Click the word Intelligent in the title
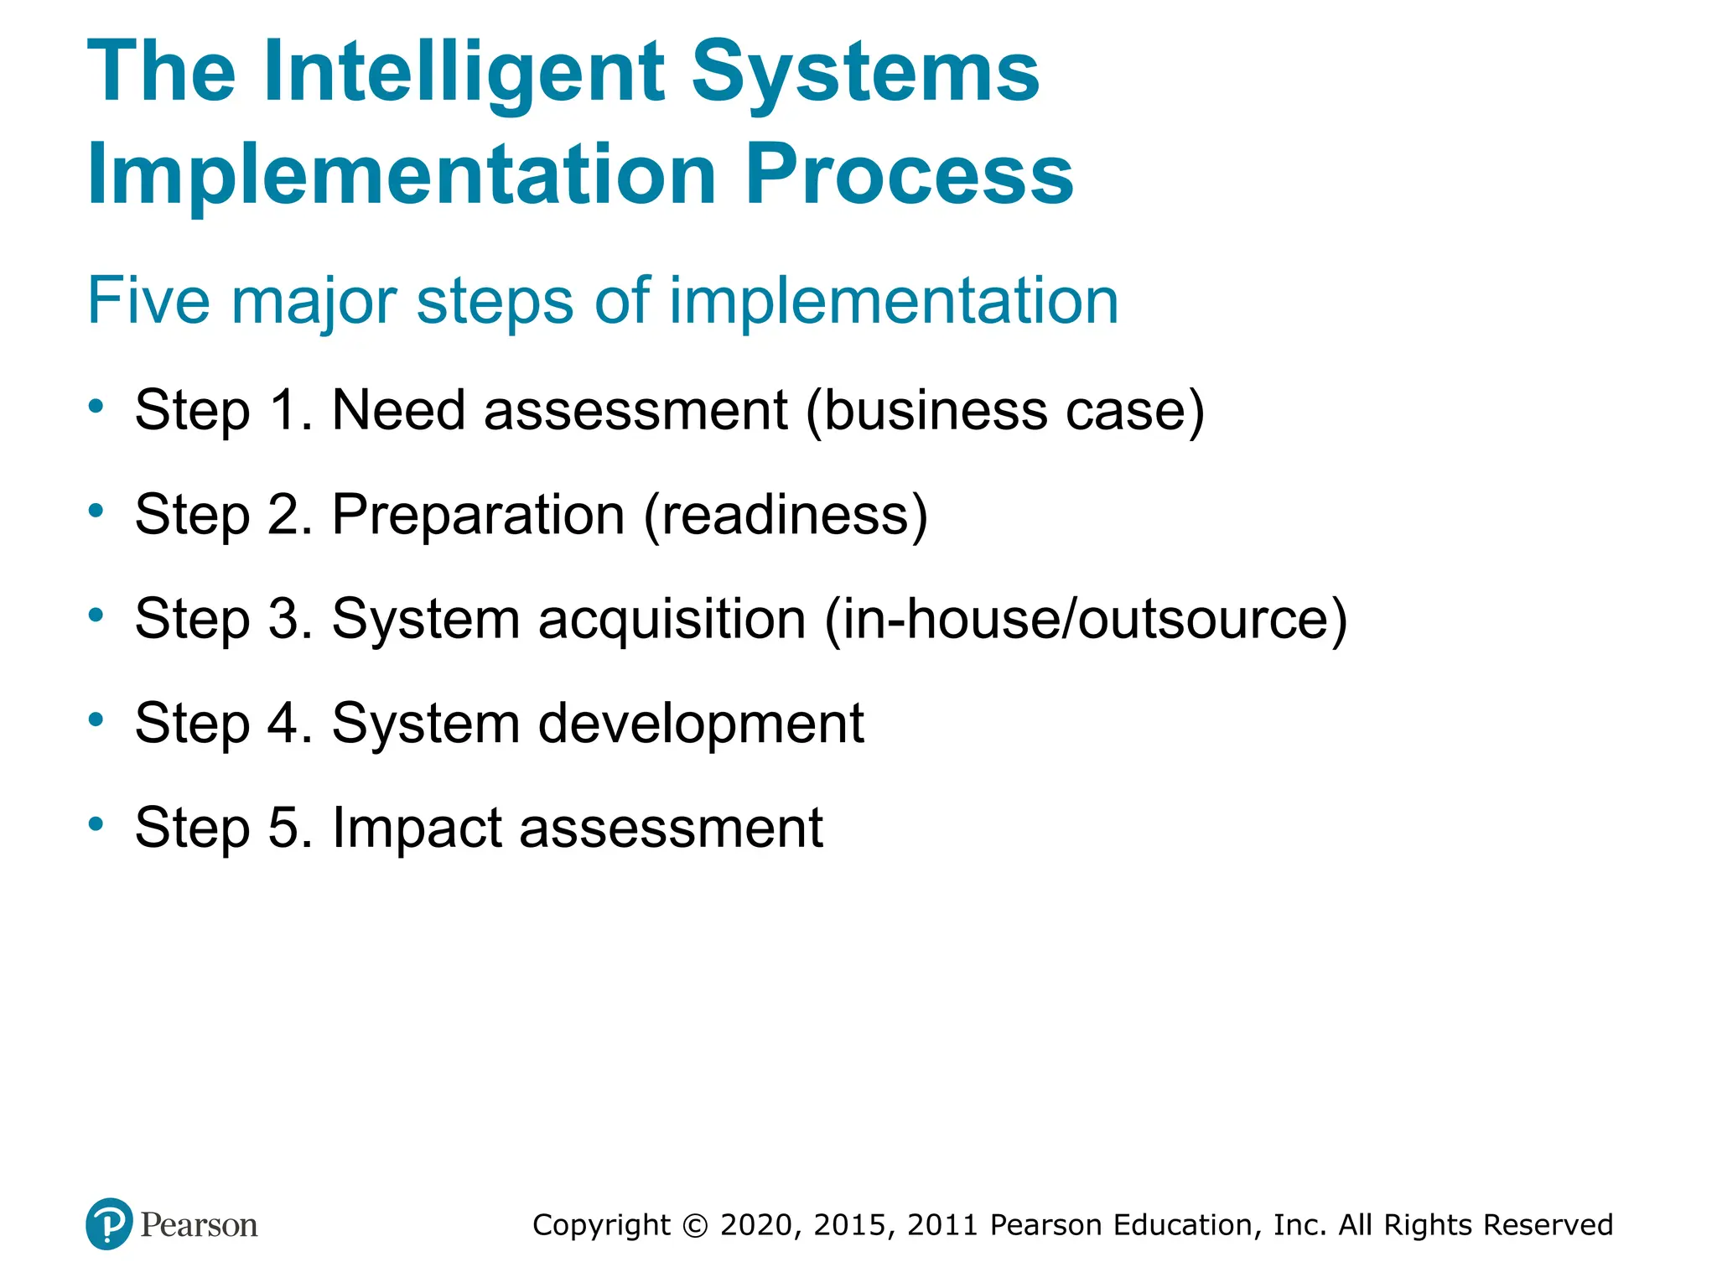point(464,74)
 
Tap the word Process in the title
point(909,174)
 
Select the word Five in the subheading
point(148,300)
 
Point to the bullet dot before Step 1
point(96,407)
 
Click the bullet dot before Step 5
point(96,823)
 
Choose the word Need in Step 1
point(398,410)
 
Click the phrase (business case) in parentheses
point(1005,411)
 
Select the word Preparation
point(478,515)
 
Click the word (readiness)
point(786,515)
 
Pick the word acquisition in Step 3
point(672,620)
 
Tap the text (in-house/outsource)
point(1087,620)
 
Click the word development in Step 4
point(700,724)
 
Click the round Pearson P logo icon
point(109,1224)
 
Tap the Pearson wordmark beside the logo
point(199,1225)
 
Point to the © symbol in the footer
point(695,1225)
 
